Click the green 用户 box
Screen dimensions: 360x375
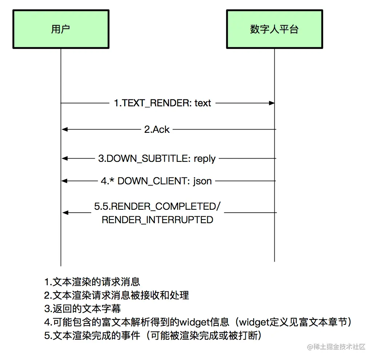[x=61, y=29]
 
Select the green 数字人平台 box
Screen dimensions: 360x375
[x=274, y=29]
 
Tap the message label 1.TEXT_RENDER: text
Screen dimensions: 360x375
[x=162, y=103]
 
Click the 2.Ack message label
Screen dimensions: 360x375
[x=157, y=130]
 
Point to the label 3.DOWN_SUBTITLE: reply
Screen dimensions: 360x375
[x=157, y=159]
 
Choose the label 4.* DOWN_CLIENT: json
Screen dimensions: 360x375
[x=156, y=181]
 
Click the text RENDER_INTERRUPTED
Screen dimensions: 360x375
[x=157, y=220]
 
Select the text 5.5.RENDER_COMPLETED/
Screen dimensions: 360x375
[x=157, y=206]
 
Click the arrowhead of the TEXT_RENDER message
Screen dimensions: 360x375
[x=271, y=103]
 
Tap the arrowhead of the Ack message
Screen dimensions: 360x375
[x=64, y=129]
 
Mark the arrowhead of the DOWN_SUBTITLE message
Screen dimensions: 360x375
[x=64, y=158]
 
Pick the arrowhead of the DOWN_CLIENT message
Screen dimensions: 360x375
[x=64, y=181]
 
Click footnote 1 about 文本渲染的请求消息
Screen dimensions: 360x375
[x=92, y=282]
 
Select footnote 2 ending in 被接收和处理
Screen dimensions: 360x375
[x=117, y=295]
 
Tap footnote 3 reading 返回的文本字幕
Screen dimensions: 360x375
[x=82, y=309]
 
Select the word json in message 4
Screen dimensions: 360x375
[x=202, y=181]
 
